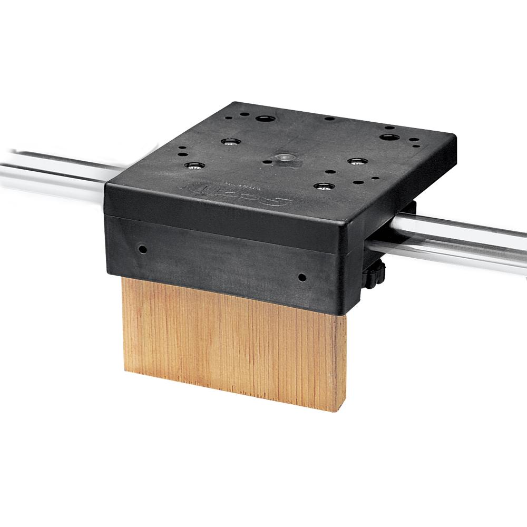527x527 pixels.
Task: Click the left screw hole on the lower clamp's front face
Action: [142, 247]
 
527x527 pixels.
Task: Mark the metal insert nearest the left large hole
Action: [230, 141]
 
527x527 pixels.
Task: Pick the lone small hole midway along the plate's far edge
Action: [329, 119]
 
